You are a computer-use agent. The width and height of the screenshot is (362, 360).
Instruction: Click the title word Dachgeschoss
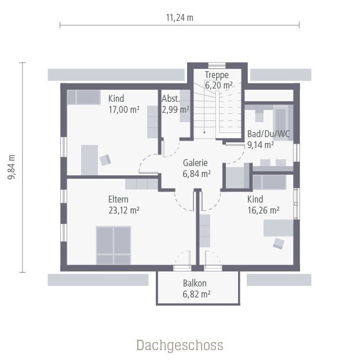pos(180,346)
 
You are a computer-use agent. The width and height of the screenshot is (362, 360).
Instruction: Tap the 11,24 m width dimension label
pos(180,17)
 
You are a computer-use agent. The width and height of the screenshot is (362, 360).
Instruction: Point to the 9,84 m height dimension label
pos(12,168)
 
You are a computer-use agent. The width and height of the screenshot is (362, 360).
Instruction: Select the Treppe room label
pos(217,75)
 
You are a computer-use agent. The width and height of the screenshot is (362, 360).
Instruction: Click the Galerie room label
pos(195,163)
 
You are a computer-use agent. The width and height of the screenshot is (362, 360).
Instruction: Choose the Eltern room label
pos(119,200)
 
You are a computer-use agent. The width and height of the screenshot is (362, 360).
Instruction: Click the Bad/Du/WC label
pos(268,134)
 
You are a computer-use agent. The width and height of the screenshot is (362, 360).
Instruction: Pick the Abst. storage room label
pos(170,98)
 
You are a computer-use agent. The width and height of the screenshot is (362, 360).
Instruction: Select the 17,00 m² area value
pos(124,109)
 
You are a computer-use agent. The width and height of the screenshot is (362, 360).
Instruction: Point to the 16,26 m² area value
pos(264,211)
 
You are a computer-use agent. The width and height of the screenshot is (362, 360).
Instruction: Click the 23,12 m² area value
pos(124,211)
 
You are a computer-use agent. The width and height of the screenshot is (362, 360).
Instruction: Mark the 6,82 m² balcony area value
pos(196,294)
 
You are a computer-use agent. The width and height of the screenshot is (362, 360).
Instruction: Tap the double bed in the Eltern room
pos(114,245)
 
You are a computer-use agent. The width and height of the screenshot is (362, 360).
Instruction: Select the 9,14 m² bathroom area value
pos(261,145)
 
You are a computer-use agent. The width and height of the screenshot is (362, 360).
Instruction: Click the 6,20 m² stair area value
pos(219,85)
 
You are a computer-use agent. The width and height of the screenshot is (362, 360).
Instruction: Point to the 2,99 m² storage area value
pos(175,109)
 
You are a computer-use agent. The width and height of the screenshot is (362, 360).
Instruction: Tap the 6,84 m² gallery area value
pos(196,173)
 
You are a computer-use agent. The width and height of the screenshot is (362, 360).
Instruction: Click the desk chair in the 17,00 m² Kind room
pos(105,159)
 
